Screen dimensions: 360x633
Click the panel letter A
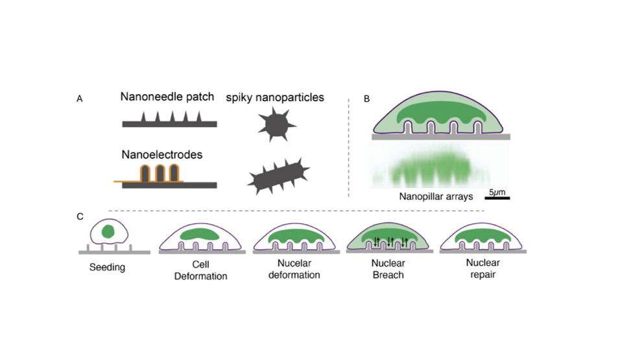[x=80, y=99]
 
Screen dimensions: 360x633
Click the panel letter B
[x=367, y=99]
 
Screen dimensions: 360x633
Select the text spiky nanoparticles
[x=276, y=98]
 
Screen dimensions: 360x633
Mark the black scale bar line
[x=497, y=197]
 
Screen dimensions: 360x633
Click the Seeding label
[x=107, y=267]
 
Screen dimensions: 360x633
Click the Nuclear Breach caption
[x=388, y=270]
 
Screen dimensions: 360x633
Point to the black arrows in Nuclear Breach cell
[x=390, y=242]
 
